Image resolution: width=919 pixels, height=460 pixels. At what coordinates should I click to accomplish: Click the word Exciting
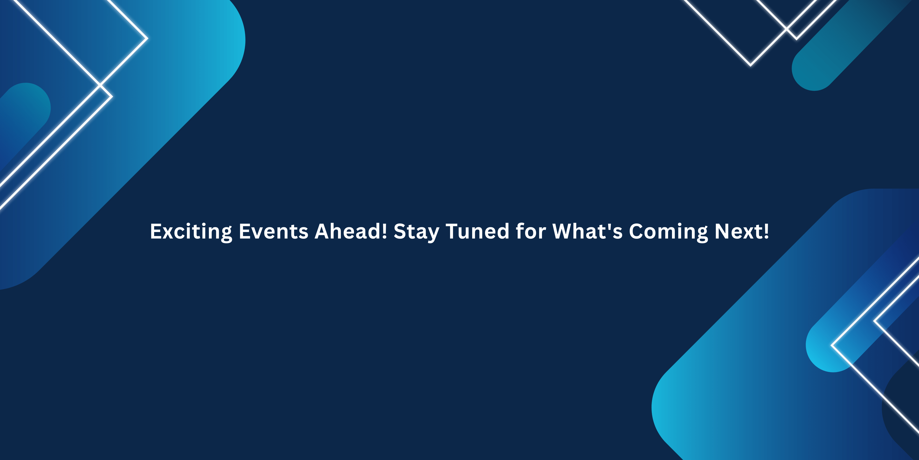(x=191, y=232)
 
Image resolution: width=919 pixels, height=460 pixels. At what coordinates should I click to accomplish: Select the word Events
(x=273, y=231)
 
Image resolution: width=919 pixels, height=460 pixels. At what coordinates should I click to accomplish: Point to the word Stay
(x=416, y=232)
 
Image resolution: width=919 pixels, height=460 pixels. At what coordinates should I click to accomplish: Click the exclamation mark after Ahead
(x=384, y=231)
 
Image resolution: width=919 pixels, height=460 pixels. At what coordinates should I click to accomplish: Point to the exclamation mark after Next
(x=766, y=231)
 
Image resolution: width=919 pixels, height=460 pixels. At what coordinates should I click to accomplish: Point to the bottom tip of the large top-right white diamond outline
(x=750, y=66)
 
